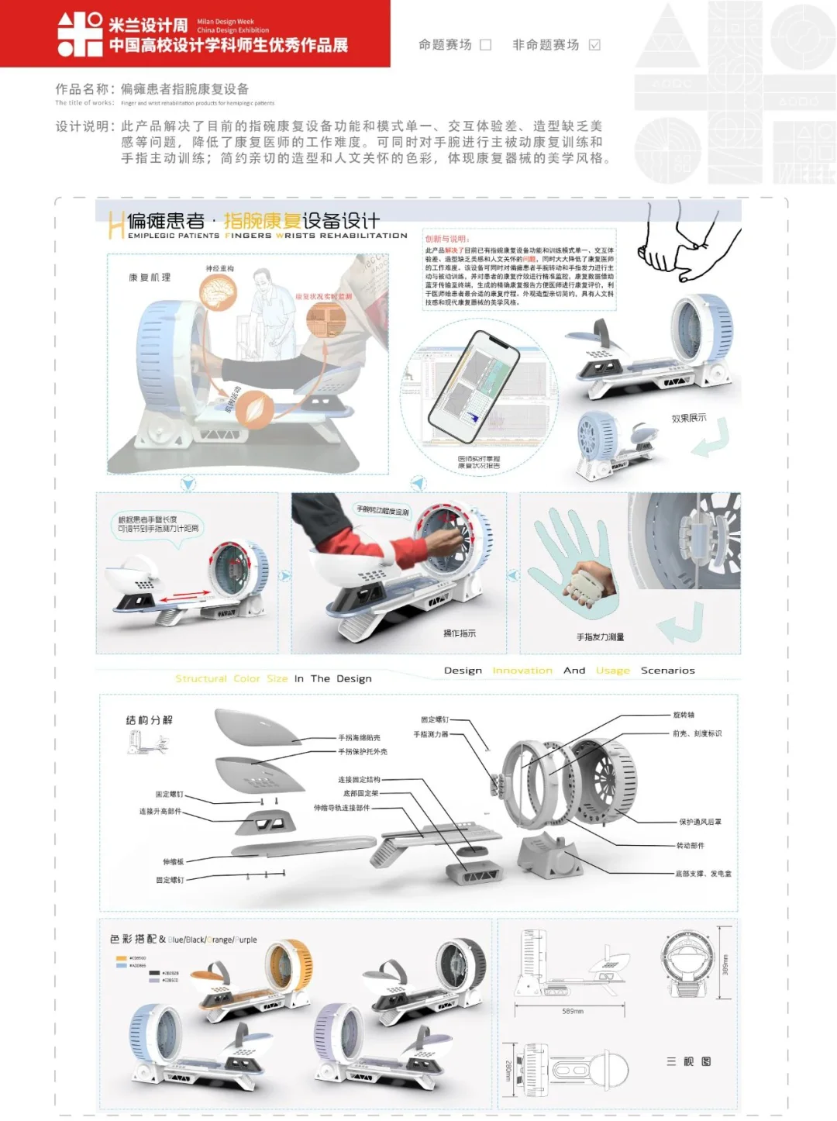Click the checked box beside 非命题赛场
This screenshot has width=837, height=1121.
point(594,45)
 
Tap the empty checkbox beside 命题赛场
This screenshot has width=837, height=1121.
point(486,45)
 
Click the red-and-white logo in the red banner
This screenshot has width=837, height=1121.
point(80,34)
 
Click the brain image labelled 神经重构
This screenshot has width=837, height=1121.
point(218,292)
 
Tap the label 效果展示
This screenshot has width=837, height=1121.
point(688,418)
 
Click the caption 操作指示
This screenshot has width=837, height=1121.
point(459,633)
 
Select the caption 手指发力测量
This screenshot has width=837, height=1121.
point(600,636)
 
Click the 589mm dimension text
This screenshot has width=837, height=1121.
point(573,1011)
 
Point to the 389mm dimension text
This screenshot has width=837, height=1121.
point(725,965)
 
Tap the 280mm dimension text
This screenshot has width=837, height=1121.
point(508,1071)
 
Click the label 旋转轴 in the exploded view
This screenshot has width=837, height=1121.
point(684,715)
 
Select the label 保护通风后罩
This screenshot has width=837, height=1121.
point(700,822)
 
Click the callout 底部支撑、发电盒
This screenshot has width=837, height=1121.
point(703,874)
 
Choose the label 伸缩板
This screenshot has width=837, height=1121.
point(173,861)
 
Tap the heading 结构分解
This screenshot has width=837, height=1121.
point(150,720)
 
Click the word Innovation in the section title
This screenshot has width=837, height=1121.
point(522,671)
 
